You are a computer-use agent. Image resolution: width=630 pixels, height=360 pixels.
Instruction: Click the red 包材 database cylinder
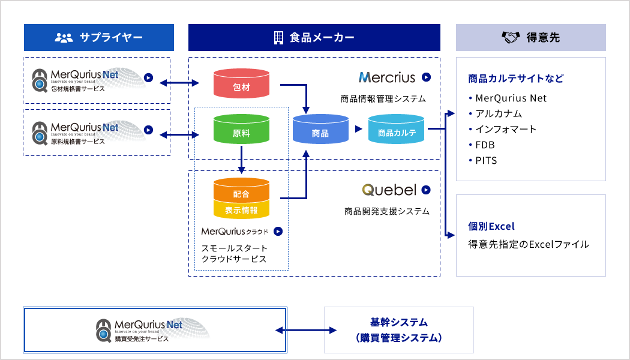tap(241, 84)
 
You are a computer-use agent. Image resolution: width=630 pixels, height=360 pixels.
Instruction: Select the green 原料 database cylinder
tap(241, 130)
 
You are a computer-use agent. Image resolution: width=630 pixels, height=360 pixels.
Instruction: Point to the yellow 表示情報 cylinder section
tap(241, 209)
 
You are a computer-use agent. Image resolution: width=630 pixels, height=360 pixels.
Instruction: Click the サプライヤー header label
tap(112, 37)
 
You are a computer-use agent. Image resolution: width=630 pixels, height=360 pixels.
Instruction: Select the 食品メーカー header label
tap(322, 37)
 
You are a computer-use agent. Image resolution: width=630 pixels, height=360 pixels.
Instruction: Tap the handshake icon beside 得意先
tap(510, 37)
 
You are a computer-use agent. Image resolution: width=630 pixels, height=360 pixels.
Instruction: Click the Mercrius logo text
tap(386, 77)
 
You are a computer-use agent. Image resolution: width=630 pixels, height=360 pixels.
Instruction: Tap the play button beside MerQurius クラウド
tap(278, 231)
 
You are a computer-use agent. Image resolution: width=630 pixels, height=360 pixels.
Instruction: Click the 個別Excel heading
tap(491, 226)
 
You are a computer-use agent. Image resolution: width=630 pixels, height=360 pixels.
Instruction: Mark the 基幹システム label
tap(399, 322)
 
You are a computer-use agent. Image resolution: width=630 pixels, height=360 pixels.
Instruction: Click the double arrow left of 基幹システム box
tap(305, 330)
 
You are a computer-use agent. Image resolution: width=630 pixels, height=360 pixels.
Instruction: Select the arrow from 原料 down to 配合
tap(241, 161)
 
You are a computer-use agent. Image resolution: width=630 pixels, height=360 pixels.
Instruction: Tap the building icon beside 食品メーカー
tap(278, 37)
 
